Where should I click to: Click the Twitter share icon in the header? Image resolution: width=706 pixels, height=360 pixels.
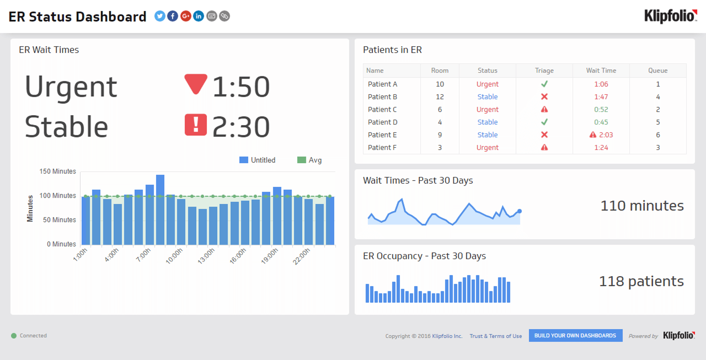click(160, 16)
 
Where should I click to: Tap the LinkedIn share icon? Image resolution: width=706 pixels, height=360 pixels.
click(199, 16)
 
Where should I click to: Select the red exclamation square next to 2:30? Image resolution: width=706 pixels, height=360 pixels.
click(196, 125)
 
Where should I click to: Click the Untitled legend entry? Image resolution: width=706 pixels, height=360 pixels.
click(257, 160)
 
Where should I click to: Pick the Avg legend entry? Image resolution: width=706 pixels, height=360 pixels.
click(310, 160)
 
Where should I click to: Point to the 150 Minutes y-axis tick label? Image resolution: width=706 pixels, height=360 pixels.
click(58, 171)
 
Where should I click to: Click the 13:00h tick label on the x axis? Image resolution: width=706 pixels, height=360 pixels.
click(206, 256)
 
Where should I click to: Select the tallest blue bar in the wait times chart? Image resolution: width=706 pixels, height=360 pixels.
click(160, 210)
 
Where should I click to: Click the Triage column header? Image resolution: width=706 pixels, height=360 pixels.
click(544, 71)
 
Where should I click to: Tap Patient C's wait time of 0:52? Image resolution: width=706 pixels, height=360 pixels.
click(601, 110)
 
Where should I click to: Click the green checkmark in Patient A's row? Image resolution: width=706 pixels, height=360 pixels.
click(544, 84)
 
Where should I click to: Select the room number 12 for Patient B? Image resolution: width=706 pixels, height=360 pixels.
click(440, 97)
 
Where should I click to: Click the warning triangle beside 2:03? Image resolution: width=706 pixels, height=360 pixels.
click(593, 135)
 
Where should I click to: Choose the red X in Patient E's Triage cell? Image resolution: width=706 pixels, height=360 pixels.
click(544, 135)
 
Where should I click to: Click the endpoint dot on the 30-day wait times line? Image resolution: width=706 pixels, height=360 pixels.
click(519, 211)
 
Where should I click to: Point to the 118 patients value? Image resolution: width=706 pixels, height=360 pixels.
click(641, 281)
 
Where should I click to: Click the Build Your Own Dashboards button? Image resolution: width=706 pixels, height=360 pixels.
click(575, 335)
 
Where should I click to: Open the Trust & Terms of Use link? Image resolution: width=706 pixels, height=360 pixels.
click(495, 336)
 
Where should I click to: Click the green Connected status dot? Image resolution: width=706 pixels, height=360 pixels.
click(14, 336)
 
